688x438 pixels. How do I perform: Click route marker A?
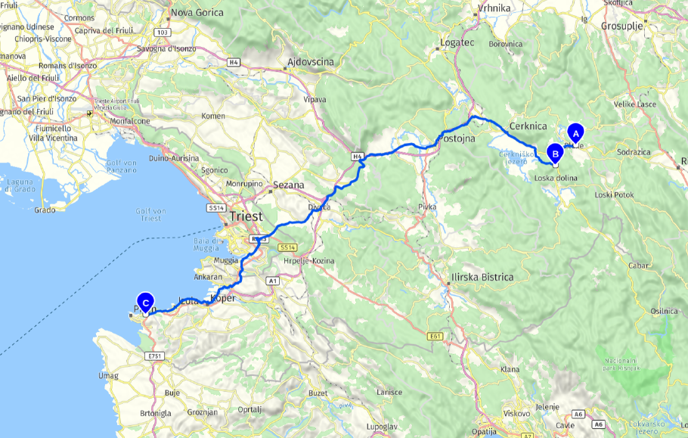[x=575, y=133]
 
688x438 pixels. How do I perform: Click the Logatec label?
[x=457, y=43]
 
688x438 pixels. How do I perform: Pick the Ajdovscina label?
[x=310, y=62]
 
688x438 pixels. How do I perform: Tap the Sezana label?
[x=288, y=185]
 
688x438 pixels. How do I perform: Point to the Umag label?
[x=108, y=375]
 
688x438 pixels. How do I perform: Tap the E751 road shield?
[x=156, y=355]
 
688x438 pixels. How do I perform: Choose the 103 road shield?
[x=161, y=33]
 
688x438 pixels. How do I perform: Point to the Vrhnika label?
[x=495, y=8]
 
